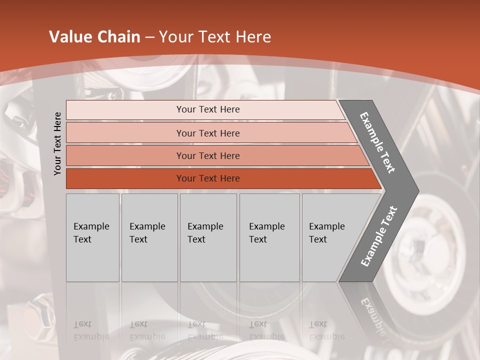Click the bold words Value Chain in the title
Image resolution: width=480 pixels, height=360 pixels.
[94, 37]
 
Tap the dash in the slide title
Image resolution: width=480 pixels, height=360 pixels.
[149, 37]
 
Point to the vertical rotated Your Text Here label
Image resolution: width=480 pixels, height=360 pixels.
[57, 143]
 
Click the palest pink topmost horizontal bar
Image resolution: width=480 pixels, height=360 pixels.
[207, 109]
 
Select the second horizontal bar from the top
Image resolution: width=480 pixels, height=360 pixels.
[208, 133]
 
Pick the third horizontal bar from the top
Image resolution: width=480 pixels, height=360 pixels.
[208, 155]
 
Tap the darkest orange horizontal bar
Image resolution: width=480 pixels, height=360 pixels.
[208, 178]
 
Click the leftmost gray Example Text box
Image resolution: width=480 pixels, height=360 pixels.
[92, 237]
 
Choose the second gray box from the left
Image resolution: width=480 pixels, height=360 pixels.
[149, 237]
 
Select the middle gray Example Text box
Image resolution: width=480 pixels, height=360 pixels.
[208, 237]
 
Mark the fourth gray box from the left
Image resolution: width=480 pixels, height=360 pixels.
[269, 237]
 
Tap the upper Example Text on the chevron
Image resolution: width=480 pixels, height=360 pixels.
[378, 142]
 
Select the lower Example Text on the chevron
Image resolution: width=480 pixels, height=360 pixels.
[378, 236]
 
